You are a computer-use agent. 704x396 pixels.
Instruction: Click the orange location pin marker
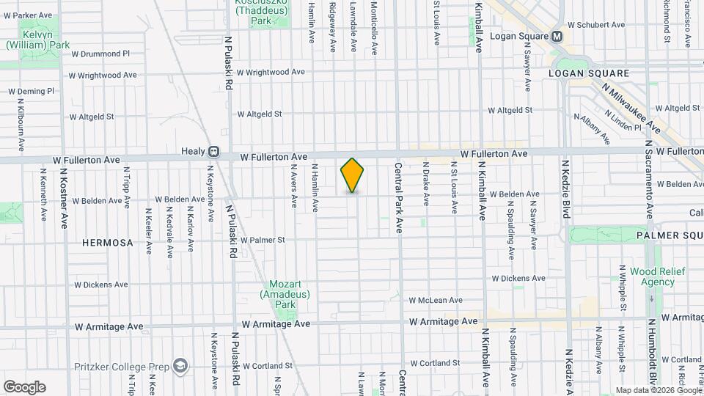pos(352,175)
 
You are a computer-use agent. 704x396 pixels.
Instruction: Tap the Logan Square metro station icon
pos(557,36)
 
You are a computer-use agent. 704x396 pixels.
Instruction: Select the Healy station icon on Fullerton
pos(213,152)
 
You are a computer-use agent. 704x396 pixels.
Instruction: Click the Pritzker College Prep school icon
pos(180,365)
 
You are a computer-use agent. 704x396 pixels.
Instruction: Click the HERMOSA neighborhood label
pos(108,243)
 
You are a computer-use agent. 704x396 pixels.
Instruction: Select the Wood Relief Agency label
pos(657,276)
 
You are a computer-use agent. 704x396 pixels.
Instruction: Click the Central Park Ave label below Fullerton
pos(400,197)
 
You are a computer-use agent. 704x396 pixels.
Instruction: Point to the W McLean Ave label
pos(436,300)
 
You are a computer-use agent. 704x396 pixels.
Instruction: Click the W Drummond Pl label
pos(100,54)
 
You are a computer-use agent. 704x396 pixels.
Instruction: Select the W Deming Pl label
pos(31,92)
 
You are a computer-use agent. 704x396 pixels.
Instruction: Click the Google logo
pos(24,387)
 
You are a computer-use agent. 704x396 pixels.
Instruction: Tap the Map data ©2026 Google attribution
pos(657,390)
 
